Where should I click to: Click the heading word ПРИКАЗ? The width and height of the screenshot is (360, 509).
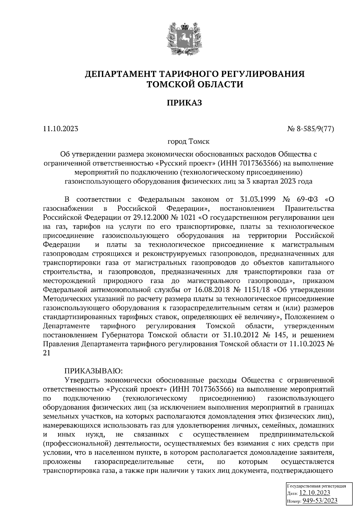[180, 103]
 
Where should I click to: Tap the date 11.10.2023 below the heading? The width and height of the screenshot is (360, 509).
[61, 129]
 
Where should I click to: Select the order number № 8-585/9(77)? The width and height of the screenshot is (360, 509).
[311, 129]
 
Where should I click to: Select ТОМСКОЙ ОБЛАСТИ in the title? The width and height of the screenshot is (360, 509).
[194, 85]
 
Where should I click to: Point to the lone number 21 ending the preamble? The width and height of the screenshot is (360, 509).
[47, 353]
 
